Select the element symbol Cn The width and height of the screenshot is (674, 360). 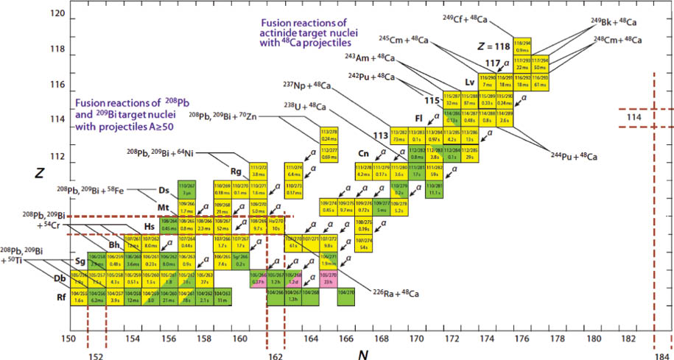tap(363, 155)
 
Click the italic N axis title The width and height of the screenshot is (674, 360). tap(362, 353)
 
